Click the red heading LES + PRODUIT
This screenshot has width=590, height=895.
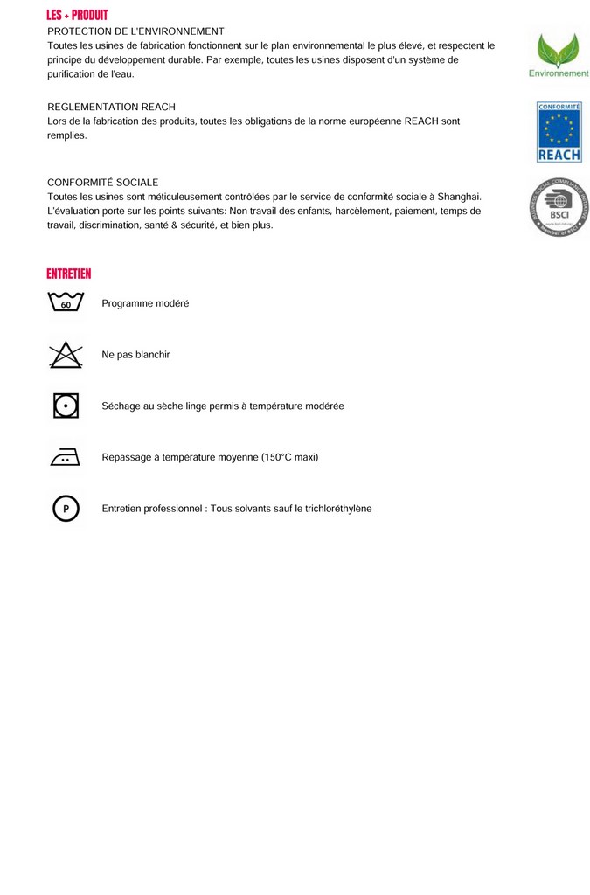[x=77, y=15]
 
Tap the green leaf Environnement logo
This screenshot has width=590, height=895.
[x=558, y=54]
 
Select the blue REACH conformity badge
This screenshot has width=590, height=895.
[x=559, y=132]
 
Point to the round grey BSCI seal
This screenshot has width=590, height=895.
[x=559, y=207]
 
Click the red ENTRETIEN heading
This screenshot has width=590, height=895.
[x=69, y=274]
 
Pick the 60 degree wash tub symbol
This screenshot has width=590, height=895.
[x=66, y=302]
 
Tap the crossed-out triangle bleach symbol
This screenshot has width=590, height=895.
[x=66, y=354]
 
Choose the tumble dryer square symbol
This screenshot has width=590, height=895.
[x=66, y=406]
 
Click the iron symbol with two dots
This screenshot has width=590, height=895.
[x=66, y=456]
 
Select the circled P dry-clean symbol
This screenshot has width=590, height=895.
[x=66, y=508]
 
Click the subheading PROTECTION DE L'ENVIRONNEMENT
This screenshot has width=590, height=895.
[x=135, y=31]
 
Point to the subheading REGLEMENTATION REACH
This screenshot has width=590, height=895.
[x=111, y=107]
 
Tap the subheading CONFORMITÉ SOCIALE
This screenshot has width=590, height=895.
[x=103, y=182]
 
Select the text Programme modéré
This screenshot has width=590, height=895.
[x=145, y=303]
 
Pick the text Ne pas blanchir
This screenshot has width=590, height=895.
[x=135, y=355]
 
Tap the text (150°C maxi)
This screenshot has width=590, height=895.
[x=289, y=457]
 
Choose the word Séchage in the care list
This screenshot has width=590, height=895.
[x=121, y=406]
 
